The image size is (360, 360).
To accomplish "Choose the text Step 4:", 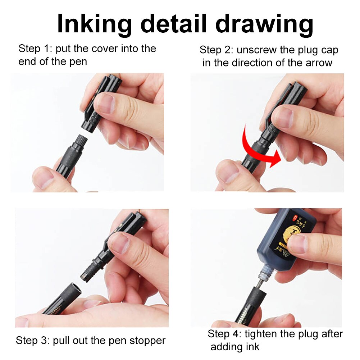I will click(224, 334).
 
